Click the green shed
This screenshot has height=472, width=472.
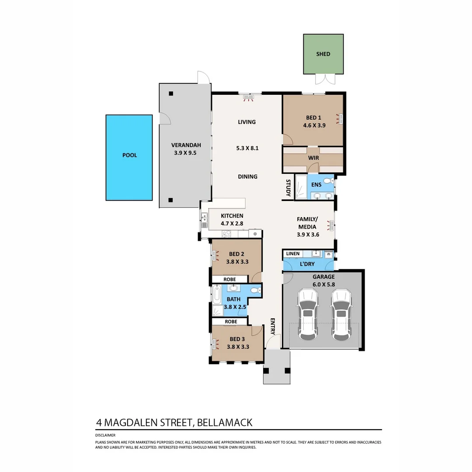(x=323, y=54)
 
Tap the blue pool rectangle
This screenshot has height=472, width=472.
(x=129, y=157)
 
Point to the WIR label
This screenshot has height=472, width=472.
(x=312, y=158)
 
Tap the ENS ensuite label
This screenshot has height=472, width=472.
(x=316, y=185)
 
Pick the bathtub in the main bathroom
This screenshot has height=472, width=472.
(x=216, y=295)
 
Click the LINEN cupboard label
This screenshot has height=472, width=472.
(x=292, y=254)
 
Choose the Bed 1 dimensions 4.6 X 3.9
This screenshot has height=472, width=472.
(x=314, y=125)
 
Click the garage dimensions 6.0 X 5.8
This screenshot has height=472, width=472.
(x=323, y=284)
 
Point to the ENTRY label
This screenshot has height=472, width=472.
(x=272, y=326)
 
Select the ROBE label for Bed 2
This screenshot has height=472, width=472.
(x=229, y=279)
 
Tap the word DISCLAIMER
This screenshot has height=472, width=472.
(x=105, y=435)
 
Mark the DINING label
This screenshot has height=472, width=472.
(x=247, y=177)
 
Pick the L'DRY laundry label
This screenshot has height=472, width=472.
(x=307, y=264)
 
